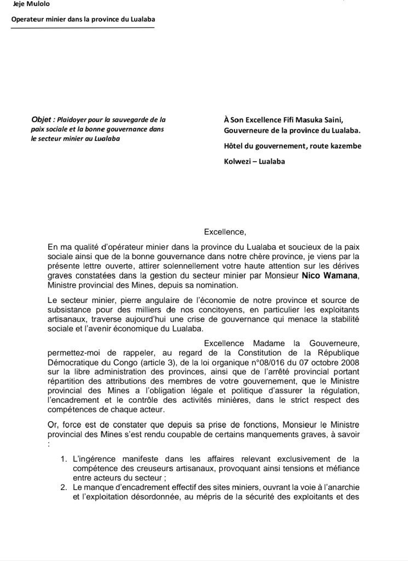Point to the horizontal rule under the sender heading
(83, 29)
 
